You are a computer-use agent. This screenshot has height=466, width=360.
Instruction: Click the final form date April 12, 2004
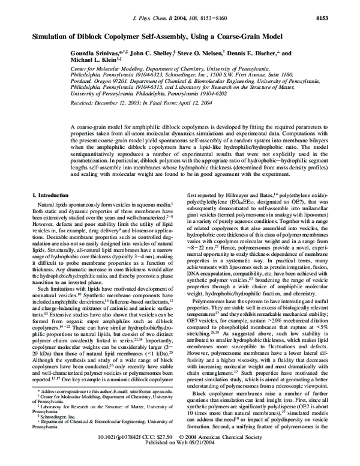coord(197,103)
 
